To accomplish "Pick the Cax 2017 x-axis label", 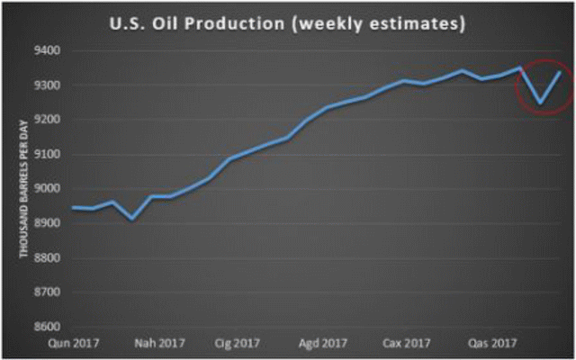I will point(407,344).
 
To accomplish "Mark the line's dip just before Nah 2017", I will point(132,219).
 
